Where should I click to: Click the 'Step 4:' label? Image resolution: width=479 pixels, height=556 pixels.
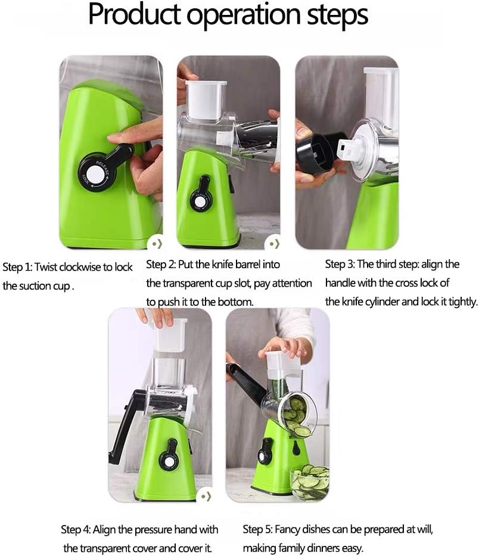pos(76,529)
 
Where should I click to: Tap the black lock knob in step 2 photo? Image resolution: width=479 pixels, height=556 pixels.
pos(201,200)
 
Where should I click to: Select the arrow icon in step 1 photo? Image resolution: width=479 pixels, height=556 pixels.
pos(155,243)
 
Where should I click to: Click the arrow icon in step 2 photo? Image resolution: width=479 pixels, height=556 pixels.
pos(273,243)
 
